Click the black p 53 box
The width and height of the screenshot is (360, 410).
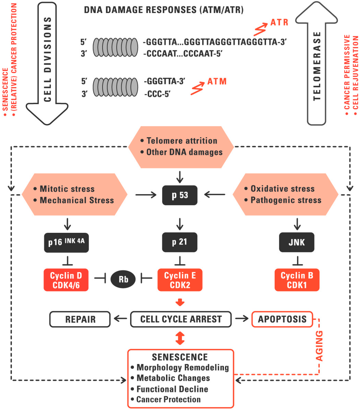(x=180, y=195)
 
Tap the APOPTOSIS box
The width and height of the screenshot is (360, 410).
(x=282, y=320)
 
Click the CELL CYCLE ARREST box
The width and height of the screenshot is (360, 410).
(x=181, y=320)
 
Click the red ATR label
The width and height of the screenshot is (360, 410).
(x=279, y=23)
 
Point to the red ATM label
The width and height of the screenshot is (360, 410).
(x=217, y=82)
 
